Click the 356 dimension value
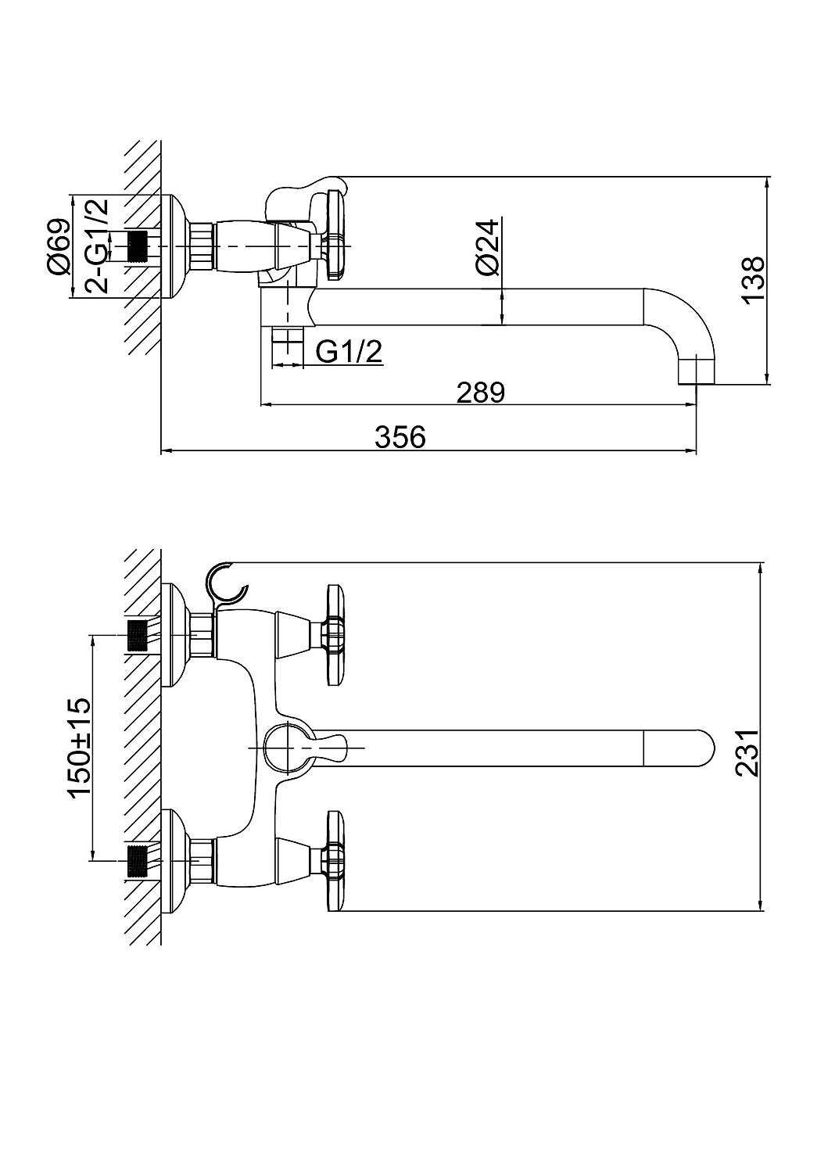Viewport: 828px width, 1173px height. [x=400, y=436]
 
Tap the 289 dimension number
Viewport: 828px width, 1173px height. [x=480, y=393]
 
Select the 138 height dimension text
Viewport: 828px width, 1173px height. [x=754, y=279]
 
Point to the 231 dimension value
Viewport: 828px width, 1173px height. [x=747, y=753]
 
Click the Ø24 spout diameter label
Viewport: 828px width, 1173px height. [x=488, y=246]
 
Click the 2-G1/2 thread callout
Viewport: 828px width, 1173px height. [x=97, y=246]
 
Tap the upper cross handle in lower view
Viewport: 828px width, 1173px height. [x=335, y=634]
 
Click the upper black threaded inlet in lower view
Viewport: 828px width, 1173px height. [x=136, y=635]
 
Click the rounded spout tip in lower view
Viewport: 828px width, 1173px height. [x=681, y=748]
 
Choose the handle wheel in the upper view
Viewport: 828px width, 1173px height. [x=335, y=235]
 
